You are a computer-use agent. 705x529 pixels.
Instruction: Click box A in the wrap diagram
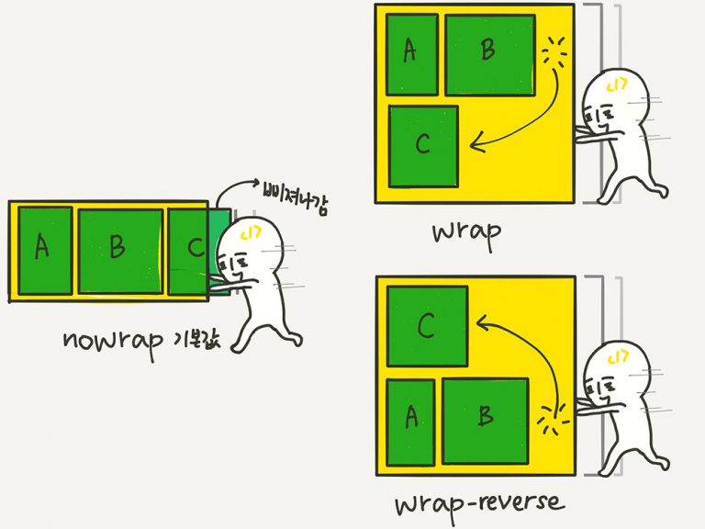coord(411,54)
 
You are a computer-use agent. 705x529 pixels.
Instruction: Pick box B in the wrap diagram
coord(489,54)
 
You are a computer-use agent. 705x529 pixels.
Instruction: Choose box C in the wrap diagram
coord(423,146)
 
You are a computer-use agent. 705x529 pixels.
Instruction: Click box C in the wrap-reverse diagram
coord(427,325)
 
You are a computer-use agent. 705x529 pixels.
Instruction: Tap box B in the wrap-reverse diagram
coord(485,419)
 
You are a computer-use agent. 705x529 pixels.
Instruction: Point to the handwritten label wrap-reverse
coord(479,503)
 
